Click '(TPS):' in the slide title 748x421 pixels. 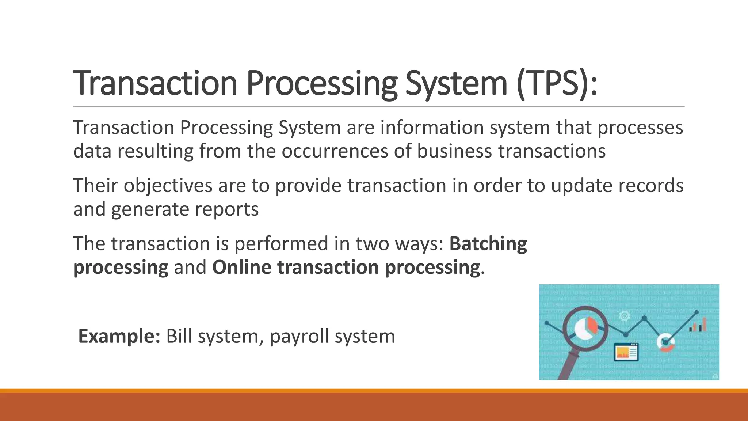(x=557, y=83)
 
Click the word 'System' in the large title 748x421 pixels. (x=456, y=83)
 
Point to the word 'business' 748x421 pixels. (x=454, y=151)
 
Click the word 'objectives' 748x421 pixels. (x=168, y=185)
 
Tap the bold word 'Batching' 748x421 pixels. (x=488, y=243)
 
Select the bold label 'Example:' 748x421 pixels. (x=119, y=336)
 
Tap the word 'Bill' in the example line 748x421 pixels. (x=179, y=336)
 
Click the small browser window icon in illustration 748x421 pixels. (x=626, y=352)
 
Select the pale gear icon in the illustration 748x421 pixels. (x=624, y=316)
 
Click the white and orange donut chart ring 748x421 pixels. (x=665, y=343)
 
